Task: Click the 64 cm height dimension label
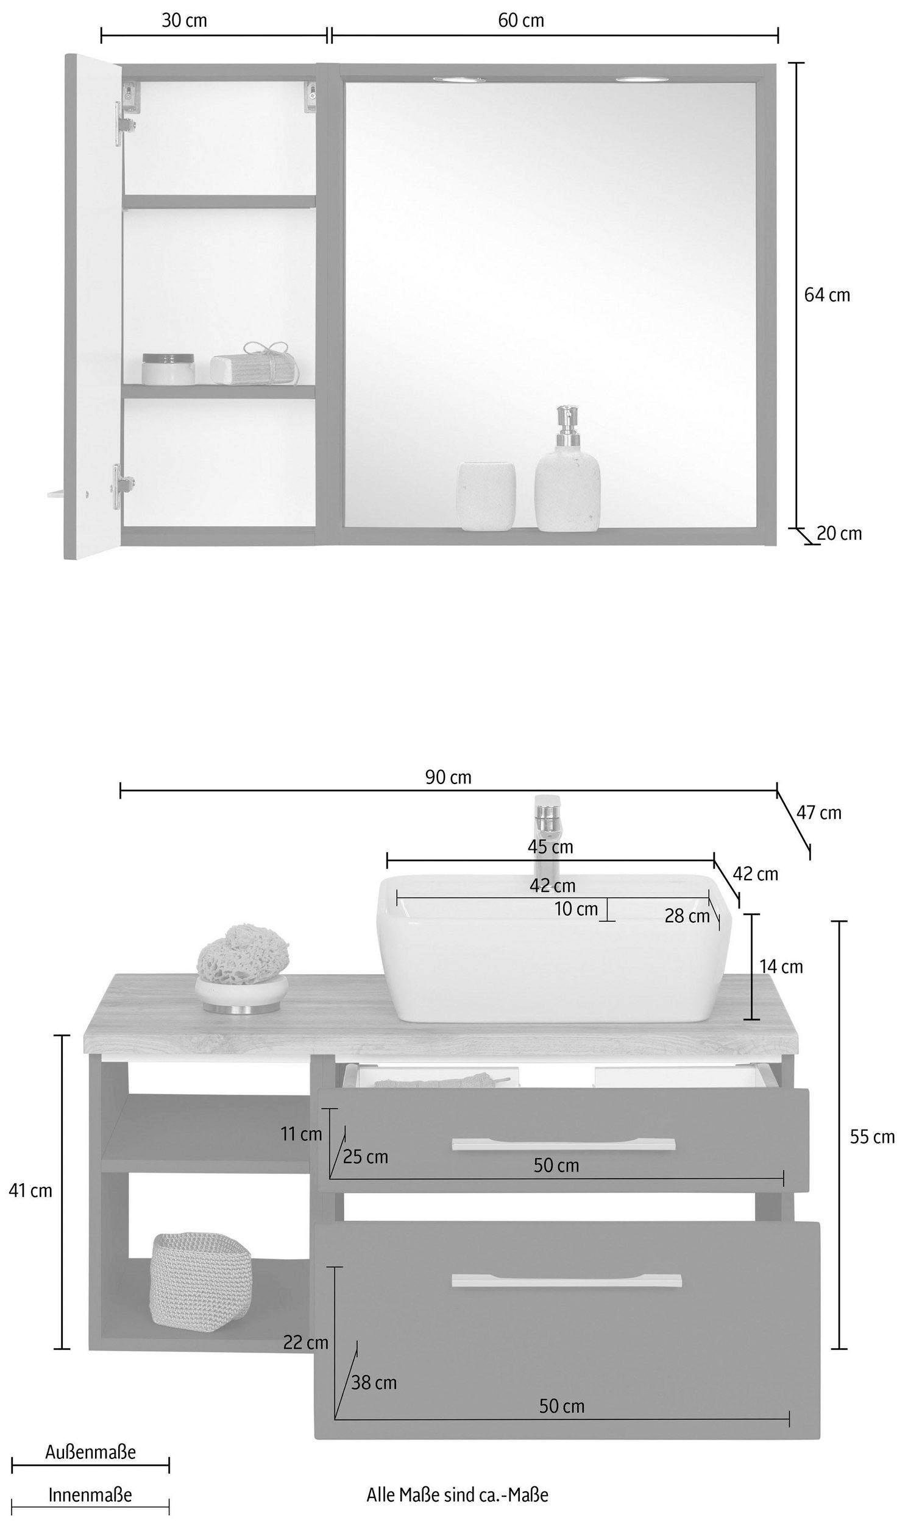tap(826, 295)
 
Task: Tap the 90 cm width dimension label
tap(449, 777)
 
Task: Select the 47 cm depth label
tap(818, 813)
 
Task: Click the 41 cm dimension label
tap(30, 1208)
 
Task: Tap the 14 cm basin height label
tap(781, 966)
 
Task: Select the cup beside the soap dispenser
tap(486, 496)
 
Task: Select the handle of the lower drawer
tap(567, 1280)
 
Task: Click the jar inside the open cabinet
tap(168, 369)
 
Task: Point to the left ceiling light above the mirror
tap(459, 80)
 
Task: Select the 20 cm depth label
tap(840, 534)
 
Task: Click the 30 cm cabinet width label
tap(184, 20)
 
